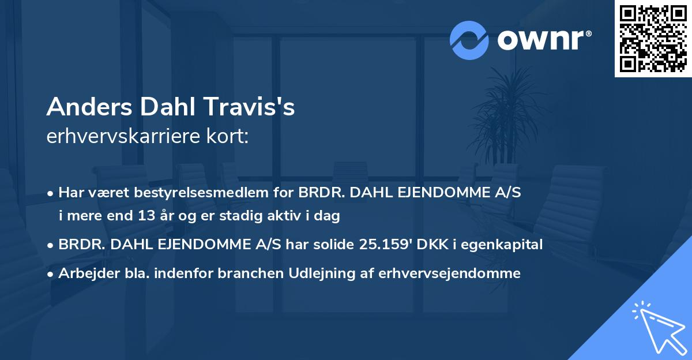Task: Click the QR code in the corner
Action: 653,39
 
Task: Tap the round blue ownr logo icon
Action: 469,40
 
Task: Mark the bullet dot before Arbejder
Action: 51,274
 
